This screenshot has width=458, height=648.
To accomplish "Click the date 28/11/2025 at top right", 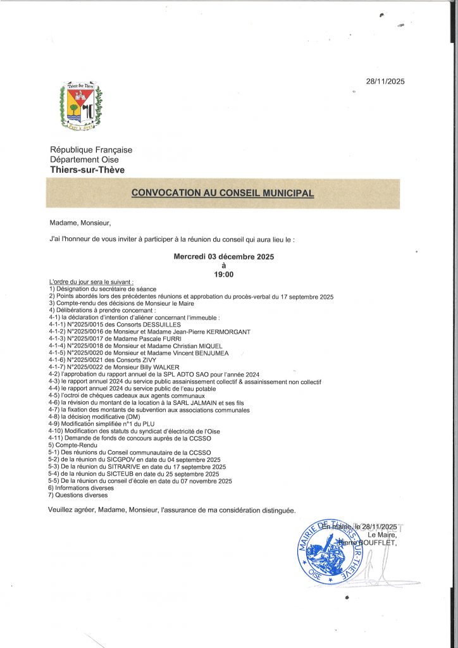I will (385, 81).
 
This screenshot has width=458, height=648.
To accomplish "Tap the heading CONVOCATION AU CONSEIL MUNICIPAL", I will (223, 193).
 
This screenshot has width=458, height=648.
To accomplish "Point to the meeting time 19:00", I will (223, 275).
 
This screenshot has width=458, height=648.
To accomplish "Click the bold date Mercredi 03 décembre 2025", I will (223, 257).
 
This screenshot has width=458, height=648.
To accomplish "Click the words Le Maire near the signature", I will (380, 535).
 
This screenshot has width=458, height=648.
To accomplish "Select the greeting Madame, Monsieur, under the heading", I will (80, 223).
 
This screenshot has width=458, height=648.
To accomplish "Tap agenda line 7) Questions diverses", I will (78, 495).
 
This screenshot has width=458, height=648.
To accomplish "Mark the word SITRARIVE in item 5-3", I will (116, 466).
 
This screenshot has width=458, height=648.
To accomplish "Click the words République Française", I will (91, 150).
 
